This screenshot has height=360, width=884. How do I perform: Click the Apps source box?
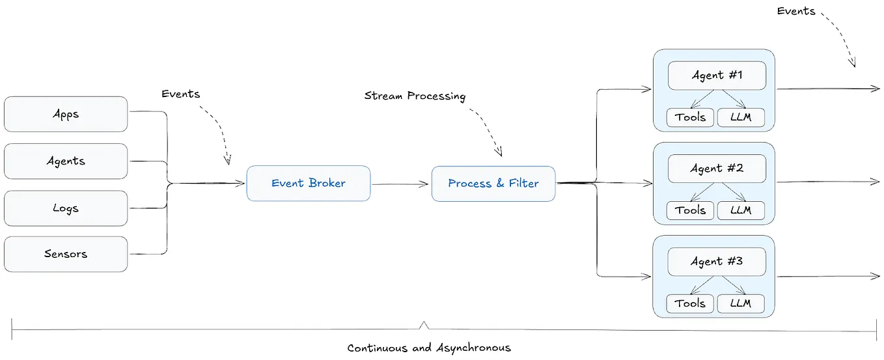click(66, 115)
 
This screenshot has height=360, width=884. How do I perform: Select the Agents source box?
click(66, 161)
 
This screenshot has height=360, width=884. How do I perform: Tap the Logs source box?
click(66, 208)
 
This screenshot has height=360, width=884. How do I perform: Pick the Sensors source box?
click(66, 254)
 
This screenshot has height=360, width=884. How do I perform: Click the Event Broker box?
click(309, 183)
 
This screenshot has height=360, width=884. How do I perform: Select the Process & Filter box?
click(493, 184)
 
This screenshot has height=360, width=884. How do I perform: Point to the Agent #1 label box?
click(717, 76)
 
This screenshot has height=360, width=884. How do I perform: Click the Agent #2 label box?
click(717, 169)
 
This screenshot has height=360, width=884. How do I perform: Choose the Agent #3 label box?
click(717, 262)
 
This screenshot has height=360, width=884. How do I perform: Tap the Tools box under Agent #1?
click(690, 117)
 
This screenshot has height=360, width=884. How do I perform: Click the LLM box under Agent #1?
click(741, 117)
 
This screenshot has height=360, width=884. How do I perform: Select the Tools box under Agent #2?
click(690, 210)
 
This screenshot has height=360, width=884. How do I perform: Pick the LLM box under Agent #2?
click(741, 210)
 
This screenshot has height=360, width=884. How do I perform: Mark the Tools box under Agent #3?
click(690, 303)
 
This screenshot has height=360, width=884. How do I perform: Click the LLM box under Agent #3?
click(741, 303)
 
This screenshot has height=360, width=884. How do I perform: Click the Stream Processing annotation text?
click(415, 96)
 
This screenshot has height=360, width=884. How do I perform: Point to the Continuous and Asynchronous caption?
click(429, 348)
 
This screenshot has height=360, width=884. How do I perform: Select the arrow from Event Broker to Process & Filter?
click(400, 184)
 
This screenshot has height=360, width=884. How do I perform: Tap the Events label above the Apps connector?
click(181, 94)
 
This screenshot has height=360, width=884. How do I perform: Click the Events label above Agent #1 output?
click(796, 11)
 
